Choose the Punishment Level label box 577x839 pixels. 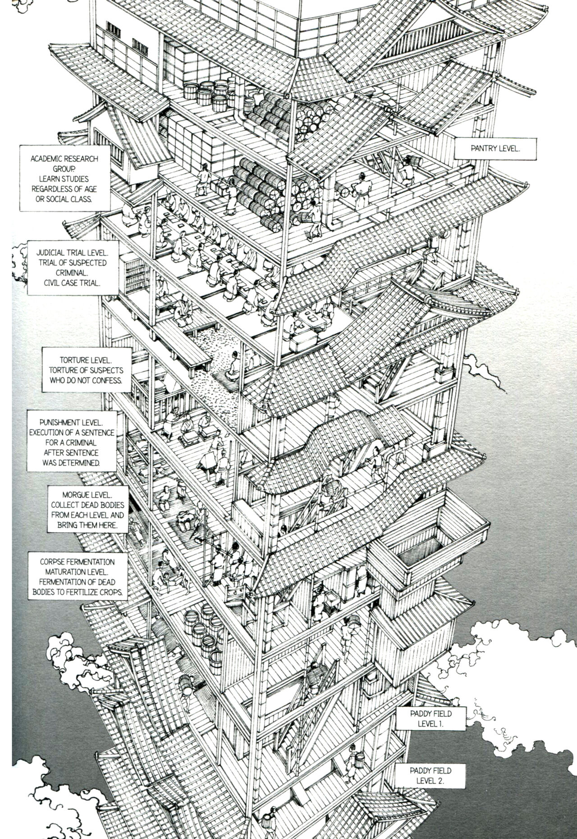coord(71,440)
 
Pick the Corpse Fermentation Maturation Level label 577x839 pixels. coord(77,577)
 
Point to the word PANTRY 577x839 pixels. coord(481,148)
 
